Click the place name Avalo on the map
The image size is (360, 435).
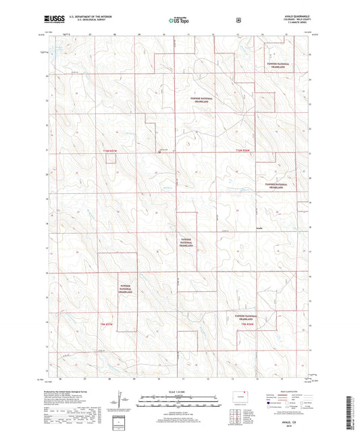[x=259, y=230]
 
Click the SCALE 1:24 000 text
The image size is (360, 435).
[x=180, y=392]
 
